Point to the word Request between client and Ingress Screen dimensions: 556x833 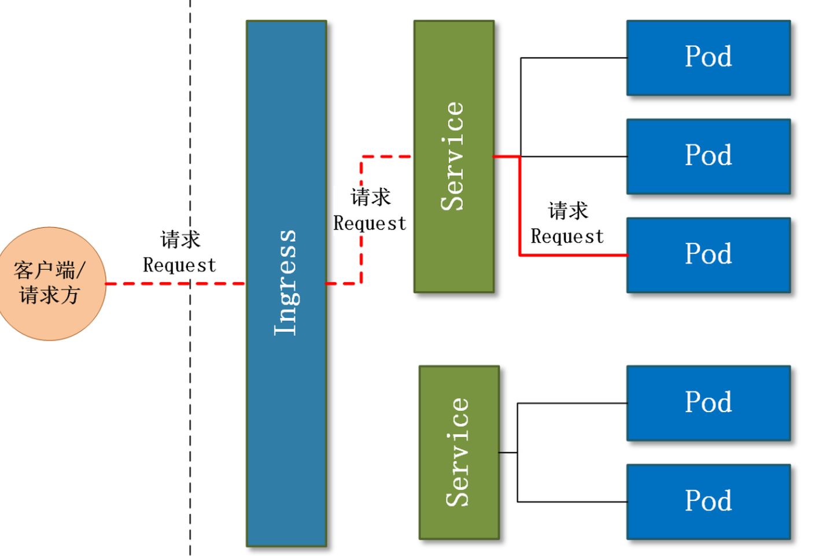pos(179,265)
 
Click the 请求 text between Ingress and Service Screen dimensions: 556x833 pos(371,197)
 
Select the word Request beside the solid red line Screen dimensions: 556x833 pos(567,236)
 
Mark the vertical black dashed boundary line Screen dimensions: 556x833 pos(190,405)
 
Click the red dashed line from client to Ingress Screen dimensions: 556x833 pos(145,283)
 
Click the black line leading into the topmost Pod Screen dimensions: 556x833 pos(573,58)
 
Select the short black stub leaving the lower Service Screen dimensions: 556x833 pos(508,453)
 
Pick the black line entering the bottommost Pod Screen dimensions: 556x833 pos(573,502)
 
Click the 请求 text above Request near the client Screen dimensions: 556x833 pos(180,239)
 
